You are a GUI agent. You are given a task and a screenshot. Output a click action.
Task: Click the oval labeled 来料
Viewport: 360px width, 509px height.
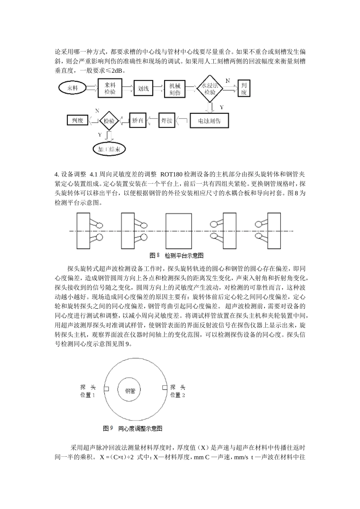pos(72,88)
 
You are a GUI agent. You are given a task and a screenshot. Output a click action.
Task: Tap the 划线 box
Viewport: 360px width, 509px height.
pos(143,89)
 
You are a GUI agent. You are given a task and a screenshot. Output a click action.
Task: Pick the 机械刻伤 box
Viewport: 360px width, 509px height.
pos(175,89)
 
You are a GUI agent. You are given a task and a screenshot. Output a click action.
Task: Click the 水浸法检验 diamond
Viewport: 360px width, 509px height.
pos(209,89)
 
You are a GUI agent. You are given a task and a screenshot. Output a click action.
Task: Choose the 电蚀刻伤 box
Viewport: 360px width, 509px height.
pos(209,121)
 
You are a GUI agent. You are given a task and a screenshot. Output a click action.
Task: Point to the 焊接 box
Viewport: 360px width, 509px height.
pos(167,121)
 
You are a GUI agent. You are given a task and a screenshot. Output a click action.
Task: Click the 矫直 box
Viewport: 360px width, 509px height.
pos(138,121)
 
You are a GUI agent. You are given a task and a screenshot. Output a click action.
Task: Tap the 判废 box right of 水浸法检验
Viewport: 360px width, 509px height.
pos(244,89)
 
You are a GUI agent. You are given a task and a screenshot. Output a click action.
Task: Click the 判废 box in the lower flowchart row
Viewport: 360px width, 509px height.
pos(77,120)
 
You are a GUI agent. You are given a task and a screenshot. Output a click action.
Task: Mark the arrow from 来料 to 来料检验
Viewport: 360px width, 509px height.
pos(92,88)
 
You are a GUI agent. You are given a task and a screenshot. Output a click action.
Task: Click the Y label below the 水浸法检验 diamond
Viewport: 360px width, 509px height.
pos(222,108)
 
